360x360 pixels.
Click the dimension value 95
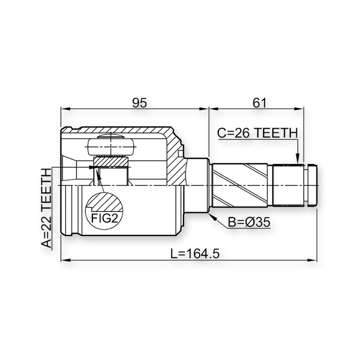[x=139, y=103]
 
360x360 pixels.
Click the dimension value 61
[x=259, y=103]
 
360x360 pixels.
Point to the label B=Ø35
[x=249, y=222]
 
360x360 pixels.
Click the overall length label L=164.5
[x=195, y=254]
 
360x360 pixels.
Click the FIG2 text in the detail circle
[x=104, y=218]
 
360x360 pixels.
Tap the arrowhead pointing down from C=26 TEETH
[x=297, y=159]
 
